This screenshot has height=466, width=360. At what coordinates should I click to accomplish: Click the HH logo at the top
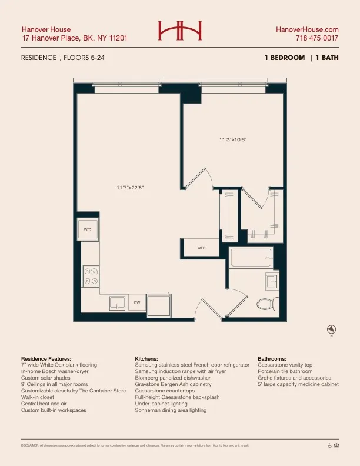click(x=179, y=31)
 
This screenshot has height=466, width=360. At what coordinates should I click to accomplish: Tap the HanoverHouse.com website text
click(x=307, y=29)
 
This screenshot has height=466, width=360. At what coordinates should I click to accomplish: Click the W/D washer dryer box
click(x=88, y=229)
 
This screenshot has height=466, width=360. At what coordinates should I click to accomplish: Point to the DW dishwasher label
click(x=136, y=302)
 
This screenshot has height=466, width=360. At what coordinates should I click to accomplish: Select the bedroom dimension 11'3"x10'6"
click(x=232, y=139)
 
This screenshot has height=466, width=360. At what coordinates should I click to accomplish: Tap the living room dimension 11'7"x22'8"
click(x=131, y=188)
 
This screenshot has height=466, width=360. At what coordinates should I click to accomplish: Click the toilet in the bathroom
click(x=266, y=304)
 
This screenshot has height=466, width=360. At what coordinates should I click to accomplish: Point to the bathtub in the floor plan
click(x=251, y=257)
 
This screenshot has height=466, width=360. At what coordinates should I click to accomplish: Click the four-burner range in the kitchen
click(x=91, y=277)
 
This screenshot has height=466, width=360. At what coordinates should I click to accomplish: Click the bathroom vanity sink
click(x=273, y=282)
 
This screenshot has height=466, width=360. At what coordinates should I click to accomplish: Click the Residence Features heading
click(x=46, y=358)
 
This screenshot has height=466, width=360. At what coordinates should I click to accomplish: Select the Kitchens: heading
click(x=146, y=358)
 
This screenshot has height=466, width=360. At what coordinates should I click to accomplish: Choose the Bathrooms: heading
click(x=272, y=358)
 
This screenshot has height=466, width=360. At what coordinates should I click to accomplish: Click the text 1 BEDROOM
click(x=285, y=58)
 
